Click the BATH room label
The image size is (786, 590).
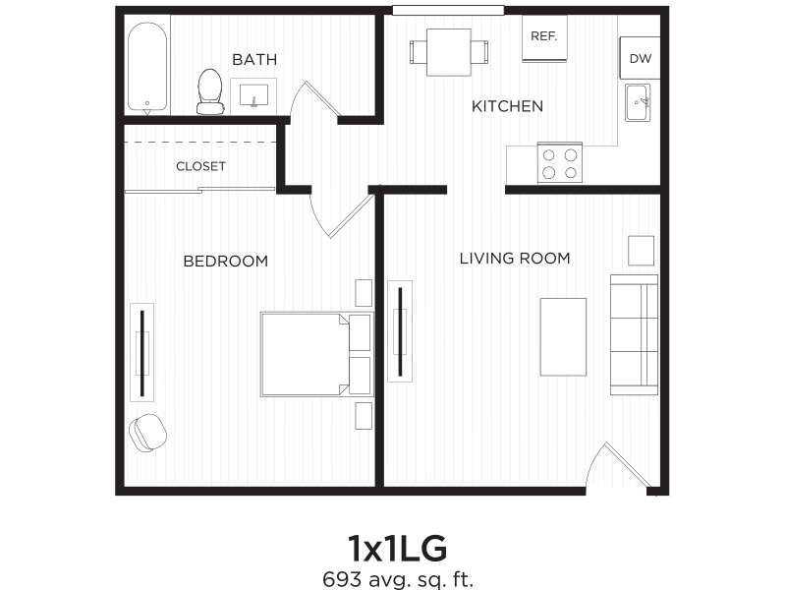(x=253, y=60)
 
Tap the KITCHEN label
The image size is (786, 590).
(x=507, y=106)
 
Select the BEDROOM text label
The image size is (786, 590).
(x=226, y=261)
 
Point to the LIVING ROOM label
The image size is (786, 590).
(x=515, y=259)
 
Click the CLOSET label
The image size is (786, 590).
(x=200, y=166)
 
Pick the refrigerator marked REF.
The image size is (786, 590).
(x=543, y=37)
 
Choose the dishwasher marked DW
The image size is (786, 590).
(x=640, y=59)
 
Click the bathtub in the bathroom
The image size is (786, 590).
(x=148, y=66)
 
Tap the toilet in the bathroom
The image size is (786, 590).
(x=209, y=89)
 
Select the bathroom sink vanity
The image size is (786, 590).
(x=253, y=95)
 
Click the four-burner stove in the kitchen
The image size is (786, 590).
(x=559, y=162)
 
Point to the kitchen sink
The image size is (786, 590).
(x=638, y=102)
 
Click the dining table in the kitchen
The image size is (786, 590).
(x=449, y=51)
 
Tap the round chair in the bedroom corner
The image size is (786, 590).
(x=147, y=432)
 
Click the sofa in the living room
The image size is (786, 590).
(x=634, y=334)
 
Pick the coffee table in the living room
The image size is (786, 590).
(x=563, y=336)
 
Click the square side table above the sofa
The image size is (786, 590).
(x=642, y=251)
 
